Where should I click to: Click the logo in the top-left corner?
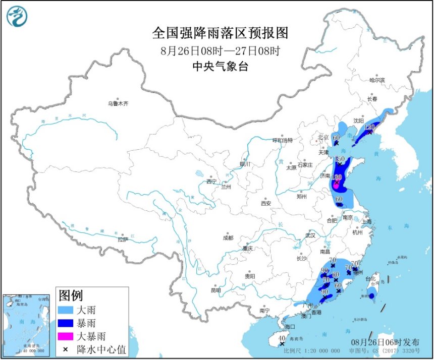click(17, 16)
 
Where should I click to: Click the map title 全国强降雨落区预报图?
click(220, 33)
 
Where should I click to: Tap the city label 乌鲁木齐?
click(118, 103)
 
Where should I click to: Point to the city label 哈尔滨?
click(376, 80)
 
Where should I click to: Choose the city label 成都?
click(228, 237)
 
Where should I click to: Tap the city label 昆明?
click(215, 290)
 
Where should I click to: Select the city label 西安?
click(266, 203)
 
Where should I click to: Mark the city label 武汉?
click(310, 235)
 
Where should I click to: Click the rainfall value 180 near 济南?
click(337, 177)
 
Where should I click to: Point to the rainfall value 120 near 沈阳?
click(369, 127)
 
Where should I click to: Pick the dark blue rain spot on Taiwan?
click(371, 296)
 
